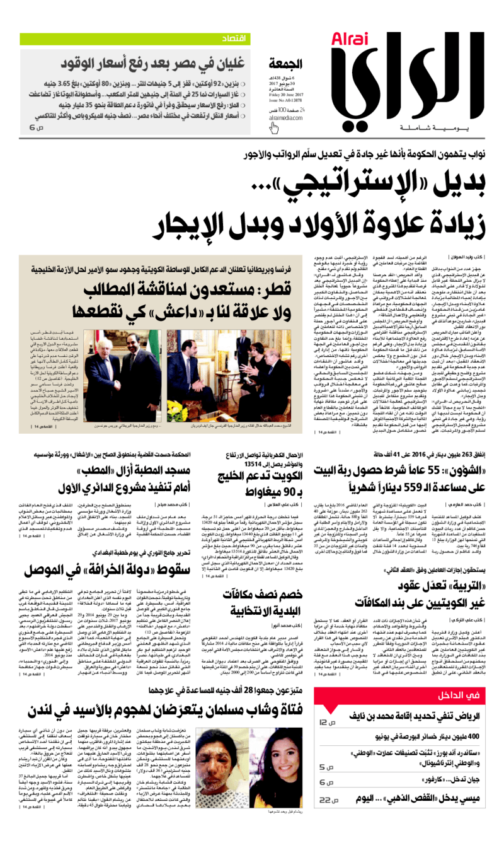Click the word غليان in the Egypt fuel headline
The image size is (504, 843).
[231, 62]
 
